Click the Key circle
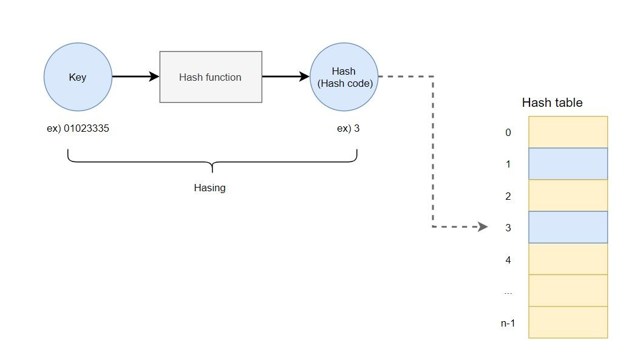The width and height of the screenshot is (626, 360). click(78, 77)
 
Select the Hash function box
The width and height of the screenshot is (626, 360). click(211, 77)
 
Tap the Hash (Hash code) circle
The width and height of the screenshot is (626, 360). click(344, 77)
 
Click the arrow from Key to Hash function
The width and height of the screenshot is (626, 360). click(136, 76)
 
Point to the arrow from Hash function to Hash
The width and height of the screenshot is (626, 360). click(286, 76)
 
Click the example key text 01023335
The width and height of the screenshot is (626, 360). click(86, 129)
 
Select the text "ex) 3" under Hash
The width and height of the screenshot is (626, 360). click(348, 129)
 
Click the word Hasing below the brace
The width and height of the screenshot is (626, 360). click(209, 188)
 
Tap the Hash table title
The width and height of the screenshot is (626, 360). click(552, 103)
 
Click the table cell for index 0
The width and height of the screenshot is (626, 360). click(568, 132)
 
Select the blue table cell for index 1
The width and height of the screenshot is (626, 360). click(568, 164)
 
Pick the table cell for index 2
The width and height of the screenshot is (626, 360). click(568, 195)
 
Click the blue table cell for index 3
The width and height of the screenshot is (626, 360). click(568, 227)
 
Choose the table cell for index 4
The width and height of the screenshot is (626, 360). click(568, 259)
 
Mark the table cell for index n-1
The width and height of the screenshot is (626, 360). click(568, 322)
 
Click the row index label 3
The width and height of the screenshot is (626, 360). click(508, 228)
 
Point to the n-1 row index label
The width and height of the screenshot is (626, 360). click(508, 324)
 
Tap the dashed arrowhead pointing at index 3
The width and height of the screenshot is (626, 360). click(483, 226)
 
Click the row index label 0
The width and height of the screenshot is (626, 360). click(508, 132)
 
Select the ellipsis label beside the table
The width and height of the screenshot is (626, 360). click(508, 293)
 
